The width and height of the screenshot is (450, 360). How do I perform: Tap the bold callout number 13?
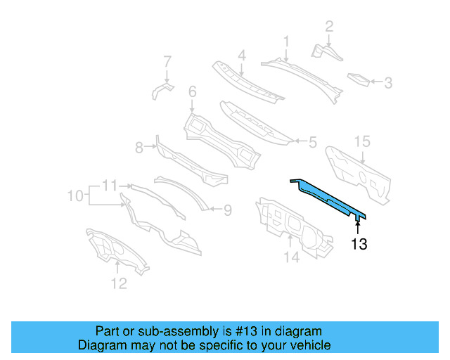(359, 245)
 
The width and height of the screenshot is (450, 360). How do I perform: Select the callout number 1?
(286, 41)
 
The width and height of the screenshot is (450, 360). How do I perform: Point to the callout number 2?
(328, 27)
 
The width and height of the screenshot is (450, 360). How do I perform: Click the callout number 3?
(387, 83)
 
